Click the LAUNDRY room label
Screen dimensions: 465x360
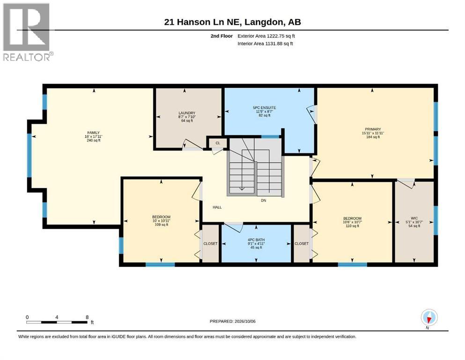point(187,113)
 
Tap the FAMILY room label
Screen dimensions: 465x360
point(93,133)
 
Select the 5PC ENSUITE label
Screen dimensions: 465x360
point(264,108)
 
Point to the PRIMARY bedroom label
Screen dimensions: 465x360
point(373,129)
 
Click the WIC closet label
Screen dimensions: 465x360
point(414,218)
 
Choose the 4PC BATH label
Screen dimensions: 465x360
point(256,240)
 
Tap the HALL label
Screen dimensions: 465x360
point(217,207)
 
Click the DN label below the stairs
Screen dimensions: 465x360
point(263,200)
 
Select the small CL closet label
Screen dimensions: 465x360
point(218,143)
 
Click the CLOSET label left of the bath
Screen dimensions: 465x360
point(210,243)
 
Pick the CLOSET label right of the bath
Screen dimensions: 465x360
point(301,243)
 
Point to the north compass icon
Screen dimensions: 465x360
point(429,318)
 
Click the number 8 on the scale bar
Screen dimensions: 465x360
point(87,317)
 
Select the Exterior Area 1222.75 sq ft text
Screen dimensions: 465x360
point(266,36)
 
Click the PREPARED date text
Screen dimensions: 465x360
point(232,321)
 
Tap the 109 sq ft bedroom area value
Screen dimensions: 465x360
point(161,225)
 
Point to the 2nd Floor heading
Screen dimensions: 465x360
point(221,36)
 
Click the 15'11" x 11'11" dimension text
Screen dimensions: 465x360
point(373,133)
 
